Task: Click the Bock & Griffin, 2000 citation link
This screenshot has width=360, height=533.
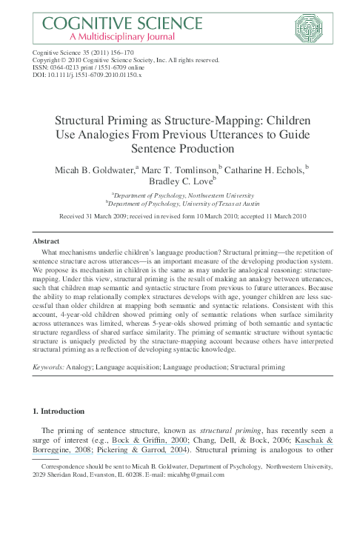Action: point(145,439)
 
